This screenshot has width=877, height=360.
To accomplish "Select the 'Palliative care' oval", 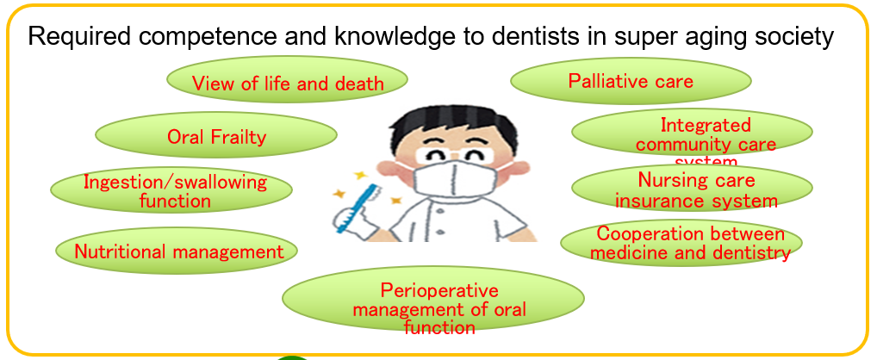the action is [x=631, y=80].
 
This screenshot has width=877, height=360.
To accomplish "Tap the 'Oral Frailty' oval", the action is [x=216, y=134].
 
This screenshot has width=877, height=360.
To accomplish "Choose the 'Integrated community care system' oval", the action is [x=692, y=132].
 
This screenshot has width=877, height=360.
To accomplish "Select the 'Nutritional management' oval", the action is [x=177, y=250].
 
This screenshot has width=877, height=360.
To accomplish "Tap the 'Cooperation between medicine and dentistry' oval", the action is [x=681, y=242].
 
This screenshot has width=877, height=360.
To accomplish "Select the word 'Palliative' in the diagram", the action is [x=603, y=81].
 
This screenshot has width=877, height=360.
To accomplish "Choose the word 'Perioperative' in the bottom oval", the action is [x=439, y=291].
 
